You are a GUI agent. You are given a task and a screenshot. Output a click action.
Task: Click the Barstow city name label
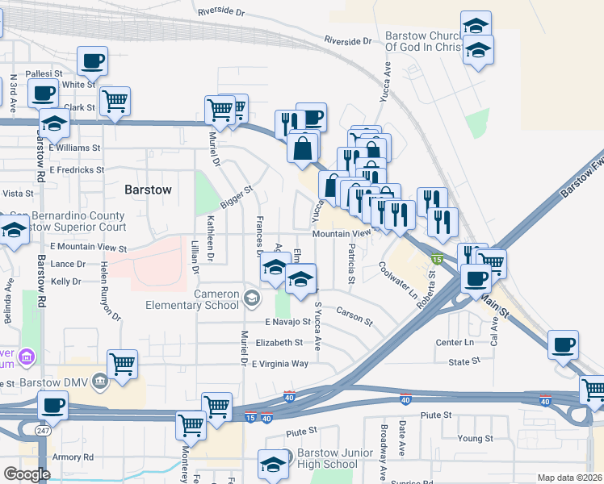149,190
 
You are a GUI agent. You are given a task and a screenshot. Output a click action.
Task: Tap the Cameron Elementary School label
191,299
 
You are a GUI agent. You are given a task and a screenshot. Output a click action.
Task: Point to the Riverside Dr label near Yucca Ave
347,40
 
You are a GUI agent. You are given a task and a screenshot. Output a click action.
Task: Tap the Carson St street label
354,316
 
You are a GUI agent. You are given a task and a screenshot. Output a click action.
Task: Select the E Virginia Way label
279,364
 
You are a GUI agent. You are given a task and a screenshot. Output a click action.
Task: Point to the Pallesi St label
43,73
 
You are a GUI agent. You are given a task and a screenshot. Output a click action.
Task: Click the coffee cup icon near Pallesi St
92,60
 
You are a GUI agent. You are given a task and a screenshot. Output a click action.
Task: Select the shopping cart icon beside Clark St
116,101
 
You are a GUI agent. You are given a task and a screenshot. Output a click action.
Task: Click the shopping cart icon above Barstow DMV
122,363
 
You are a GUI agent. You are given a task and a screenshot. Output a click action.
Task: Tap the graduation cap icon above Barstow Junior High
274,464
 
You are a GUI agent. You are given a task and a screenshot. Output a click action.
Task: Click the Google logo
27,474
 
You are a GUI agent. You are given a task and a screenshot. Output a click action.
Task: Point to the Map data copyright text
569,478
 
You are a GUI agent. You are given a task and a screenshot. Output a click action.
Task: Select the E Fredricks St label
77,170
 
